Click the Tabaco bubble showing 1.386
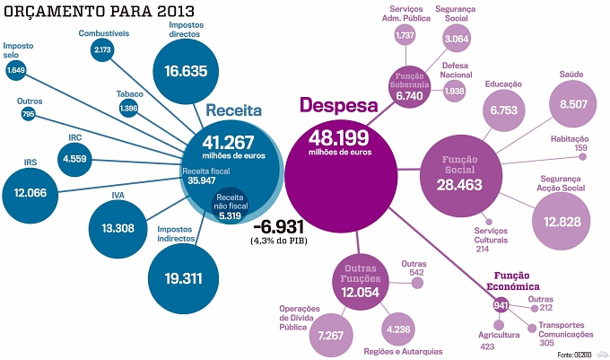128,108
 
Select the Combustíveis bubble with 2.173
102,49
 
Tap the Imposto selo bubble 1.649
15,70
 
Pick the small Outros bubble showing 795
28,114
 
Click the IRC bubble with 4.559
74,159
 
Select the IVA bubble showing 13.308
118,229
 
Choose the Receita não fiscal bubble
230,206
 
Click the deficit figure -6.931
279,226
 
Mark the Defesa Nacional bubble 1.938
454,91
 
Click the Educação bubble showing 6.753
504,110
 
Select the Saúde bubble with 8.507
572,104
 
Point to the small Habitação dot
582,156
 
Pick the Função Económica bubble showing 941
501,305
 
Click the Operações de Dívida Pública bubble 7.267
331,335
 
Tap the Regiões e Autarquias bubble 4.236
398,329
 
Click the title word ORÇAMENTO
56,12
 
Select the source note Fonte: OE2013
574,355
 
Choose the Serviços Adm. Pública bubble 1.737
405,35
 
